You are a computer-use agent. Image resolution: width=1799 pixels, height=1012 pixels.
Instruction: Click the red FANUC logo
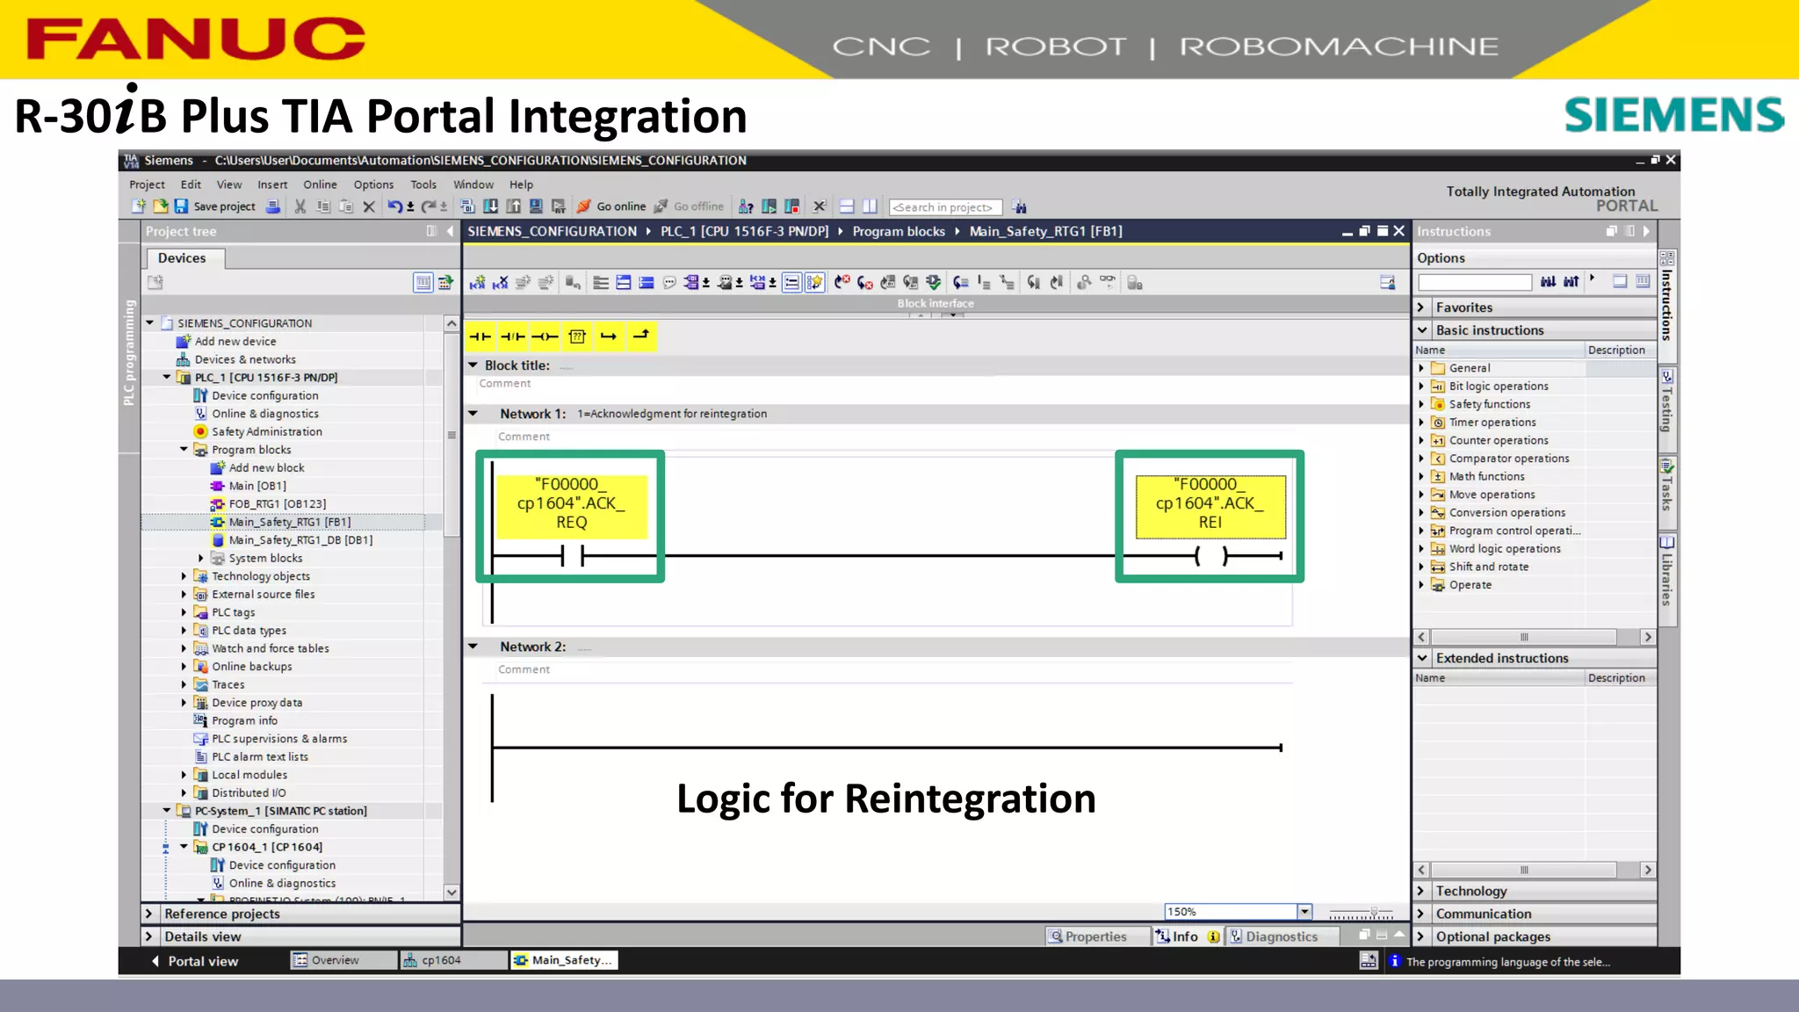195,40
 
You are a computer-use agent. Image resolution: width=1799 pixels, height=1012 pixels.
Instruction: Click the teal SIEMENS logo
1673,115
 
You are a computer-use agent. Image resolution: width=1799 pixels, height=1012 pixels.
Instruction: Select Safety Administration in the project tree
266,431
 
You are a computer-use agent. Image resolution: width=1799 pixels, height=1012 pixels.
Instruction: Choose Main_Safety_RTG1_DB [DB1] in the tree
300,540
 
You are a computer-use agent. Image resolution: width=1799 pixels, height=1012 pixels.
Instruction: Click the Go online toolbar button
611,206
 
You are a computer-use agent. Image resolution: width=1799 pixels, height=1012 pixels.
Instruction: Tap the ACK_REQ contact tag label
571,503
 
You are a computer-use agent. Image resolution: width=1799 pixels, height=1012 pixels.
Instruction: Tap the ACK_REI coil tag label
1210,503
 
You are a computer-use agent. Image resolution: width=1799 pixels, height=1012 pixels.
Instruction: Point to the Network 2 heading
532,647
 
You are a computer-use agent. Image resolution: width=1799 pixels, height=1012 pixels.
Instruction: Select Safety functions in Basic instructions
1489,404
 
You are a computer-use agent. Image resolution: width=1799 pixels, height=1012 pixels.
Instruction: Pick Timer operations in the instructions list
1492,423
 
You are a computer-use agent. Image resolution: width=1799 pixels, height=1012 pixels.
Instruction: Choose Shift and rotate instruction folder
1488,567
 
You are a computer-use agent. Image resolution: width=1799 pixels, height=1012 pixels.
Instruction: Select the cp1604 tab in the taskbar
440,960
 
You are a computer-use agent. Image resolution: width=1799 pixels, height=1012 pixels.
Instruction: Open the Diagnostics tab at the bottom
1280,936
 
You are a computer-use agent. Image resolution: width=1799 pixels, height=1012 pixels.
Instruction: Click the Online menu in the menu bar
320,184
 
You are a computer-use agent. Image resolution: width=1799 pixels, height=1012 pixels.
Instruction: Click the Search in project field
944,207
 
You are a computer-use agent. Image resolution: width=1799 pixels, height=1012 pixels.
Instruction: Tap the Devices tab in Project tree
182,258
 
